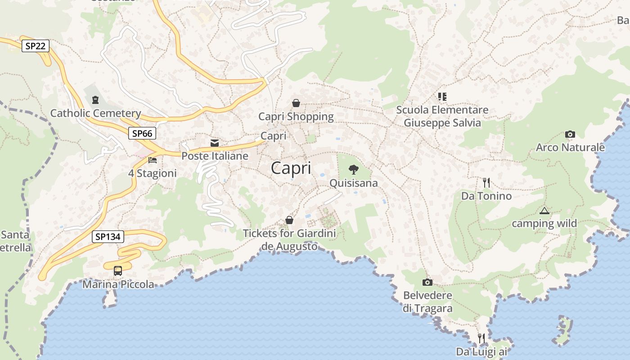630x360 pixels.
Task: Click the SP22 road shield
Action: [x=36, y=45]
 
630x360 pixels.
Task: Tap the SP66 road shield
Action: [x=142, y=133]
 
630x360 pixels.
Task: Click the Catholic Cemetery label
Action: [x=95, y=113]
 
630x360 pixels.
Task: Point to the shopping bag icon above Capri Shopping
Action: [x=296, y=103]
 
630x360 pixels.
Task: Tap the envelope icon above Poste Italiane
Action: [x=215, y=143]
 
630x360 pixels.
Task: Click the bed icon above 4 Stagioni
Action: [x=153, y=160]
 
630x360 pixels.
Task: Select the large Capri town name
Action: [x=291, y=168]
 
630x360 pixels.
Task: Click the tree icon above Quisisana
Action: [x=354, y=170]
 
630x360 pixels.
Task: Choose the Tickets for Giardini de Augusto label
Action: [x=289, y=240]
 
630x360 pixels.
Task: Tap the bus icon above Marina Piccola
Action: [x=118, y=271]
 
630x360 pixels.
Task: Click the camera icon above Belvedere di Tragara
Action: [x=427, y=282]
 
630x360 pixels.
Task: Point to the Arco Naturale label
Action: [x=570, y=147]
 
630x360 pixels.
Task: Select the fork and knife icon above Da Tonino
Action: [x=486, y=183]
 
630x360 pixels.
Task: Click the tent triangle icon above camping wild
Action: [x=544, y=211]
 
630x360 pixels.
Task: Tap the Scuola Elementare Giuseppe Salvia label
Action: [x=442, y=116]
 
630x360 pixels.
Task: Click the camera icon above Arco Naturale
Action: [x=570, y=134]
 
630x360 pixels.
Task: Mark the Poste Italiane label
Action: [x=215, y=156]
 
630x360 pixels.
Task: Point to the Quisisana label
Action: [x=354, y=183]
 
